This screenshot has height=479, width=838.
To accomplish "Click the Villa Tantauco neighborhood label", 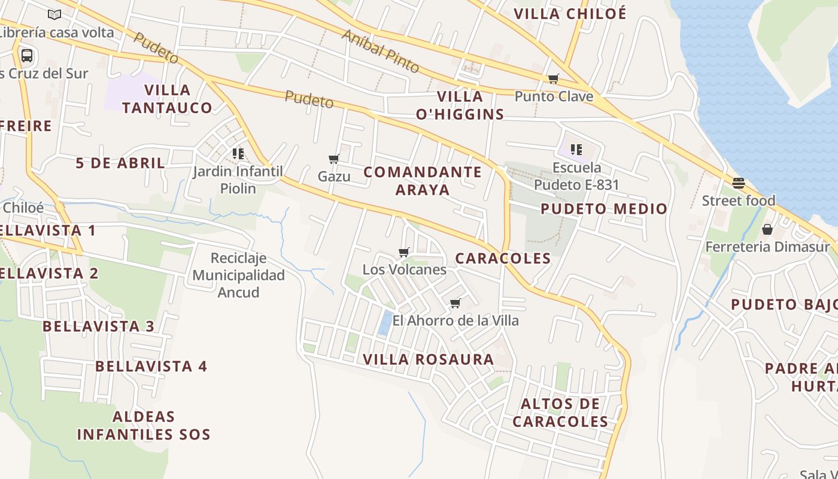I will [x=167, y=99].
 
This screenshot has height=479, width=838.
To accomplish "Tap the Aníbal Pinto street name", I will [x=380, y=50].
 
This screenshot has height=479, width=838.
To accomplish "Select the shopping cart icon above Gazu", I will [x=334, y=159].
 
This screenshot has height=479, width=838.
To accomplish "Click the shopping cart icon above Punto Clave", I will [x=554, y=78].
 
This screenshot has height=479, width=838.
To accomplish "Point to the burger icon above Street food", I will [x=739, y=183].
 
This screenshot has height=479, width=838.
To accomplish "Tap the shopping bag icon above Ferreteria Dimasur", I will [x=767, y=229].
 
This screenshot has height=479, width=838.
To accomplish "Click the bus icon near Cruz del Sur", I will [x=27, y=56].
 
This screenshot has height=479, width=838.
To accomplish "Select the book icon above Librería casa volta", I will [x=54, y=14].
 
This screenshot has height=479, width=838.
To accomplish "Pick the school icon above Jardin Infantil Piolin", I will [x=238, y=154].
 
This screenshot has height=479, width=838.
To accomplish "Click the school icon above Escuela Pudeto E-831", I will [x=576, y=150].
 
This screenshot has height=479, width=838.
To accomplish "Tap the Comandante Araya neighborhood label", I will [x=423, y=181].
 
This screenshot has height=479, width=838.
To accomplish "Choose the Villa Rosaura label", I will [x=429, y=359].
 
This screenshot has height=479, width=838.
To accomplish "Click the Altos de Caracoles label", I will [x=560, y=413].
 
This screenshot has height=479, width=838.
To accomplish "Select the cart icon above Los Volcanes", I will [x=404, y=252].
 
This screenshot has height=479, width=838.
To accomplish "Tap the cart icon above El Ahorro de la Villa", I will [x=456, y=303].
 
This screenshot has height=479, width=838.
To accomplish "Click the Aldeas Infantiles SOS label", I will [x=144, y=426].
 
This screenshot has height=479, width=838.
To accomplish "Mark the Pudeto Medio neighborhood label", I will [x=604, y=209].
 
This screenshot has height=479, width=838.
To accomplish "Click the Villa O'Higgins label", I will [x=460, y=105].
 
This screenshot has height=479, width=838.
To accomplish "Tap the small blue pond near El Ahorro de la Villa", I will [x=385, y=323].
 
